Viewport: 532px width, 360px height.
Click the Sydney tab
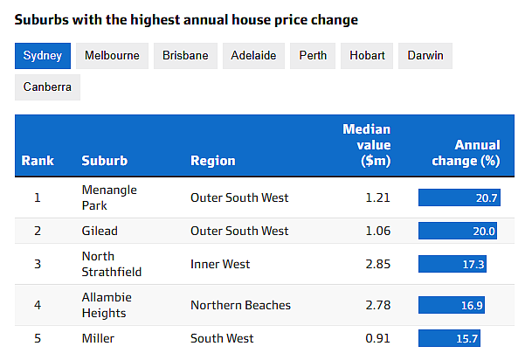point(42,55)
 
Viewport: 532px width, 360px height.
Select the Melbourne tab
point(112,55)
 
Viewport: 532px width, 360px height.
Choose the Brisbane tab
point(185,55)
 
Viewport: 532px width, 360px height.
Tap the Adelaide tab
point(253,55)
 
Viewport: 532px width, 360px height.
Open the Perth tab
point(313,55)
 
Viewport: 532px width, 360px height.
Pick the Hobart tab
point(367,55)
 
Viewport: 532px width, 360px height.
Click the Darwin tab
point(425,55)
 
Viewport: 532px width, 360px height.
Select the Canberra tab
point(47,87)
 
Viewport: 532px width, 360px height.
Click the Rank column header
point(38,161)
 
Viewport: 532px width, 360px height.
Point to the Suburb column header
point(104,161)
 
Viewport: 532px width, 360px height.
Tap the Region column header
point(213,161)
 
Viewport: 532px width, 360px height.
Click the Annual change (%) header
point(477,153)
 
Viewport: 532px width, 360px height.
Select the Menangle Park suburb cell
point(108,197)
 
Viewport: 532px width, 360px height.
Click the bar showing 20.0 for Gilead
point(457,231)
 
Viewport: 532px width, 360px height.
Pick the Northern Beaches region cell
point(240,305)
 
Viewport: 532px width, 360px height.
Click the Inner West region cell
point(220,264)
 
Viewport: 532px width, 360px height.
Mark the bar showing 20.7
point(459,197)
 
